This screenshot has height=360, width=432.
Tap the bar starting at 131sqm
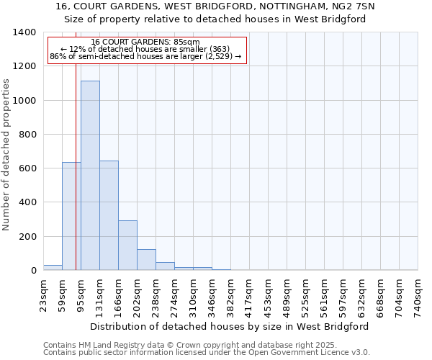coord(109,215)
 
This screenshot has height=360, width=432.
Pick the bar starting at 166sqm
coord(127,245)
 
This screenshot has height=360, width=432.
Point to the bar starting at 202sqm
coord(146,259)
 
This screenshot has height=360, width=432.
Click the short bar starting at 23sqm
coord(53,267)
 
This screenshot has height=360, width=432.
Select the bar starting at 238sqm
coord(165,266)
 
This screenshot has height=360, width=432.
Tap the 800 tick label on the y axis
coord(27,135)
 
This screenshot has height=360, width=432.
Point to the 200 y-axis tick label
coord(27,237)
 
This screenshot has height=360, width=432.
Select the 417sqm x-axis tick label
coord(250,294)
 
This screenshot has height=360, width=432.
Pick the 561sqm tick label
coord(325,294)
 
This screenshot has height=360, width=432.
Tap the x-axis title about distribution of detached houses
coord(230,326)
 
